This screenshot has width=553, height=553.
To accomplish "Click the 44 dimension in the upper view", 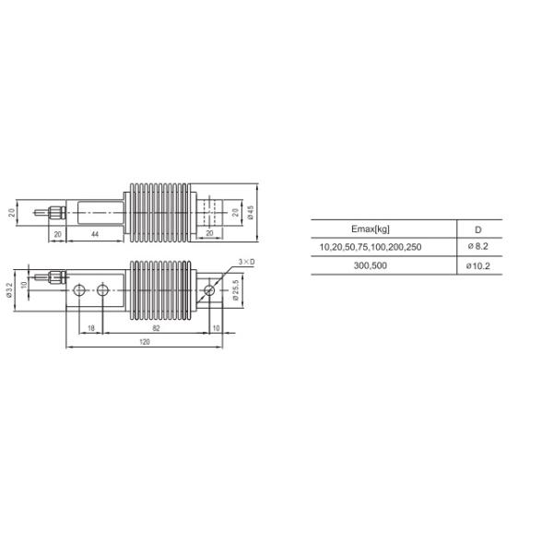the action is [x=95, y=234].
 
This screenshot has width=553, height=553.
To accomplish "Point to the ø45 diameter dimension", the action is [x=251, y=212].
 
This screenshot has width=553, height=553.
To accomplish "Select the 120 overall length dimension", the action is [x=145, y=341].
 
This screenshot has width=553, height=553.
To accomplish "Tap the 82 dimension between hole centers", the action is [x=156, y=328].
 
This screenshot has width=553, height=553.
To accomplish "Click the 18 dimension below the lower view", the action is [x=91, y=328].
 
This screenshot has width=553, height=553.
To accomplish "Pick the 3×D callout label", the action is [x=246, y=262].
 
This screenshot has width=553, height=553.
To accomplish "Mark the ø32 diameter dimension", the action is [x=9, y=290].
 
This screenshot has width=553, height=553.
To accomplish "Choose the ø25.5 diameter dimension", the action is [x=236, y=290].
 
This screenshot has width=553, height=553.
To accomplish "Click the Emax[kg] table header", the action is [x=371, y=229].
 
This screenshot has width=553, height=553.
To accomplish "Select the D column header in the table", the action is [x=477, y=229].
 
